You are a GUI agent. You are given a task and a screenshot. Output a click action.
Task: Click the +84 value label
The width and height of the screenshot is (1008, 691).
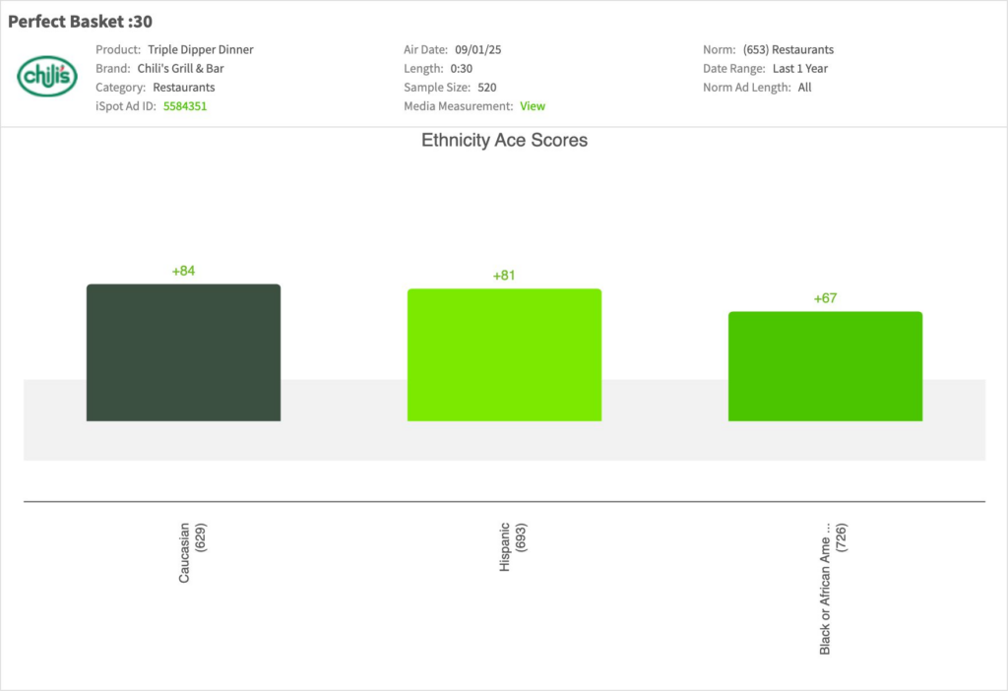[x=183, y=271]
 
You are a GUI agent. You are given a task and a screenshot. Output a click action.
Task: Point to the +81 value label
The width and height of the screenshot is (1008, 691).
[x=504, y=276]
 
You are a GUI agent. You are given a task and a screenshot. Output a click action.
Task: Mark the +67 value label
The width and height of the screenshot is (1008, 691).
[x=825, y=298]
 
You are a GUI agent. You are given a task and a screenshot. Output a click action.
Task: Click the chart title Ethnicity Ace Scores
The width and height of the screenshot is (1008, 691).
[x=504, y=141]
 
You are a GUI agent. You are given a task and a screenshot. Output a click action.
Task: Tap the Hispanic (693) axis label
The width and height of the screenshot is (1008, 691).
[x=513, y=546]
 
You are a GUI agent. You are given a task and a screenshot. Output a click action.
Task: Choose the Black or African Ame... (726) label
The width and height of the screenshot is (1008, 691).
[x=833, y=589]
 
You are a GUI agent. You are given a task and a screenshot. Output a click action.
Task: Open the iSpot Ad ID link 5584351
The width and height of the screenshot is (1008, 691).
[x=185, y=106]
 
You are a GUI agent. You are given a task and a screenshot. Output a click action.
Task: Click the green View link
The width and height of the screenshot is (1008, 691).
[x=533, y=106]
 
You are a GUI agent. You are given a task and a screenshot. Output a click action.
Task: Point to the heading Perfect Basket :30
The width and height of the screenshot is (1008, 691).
[x=80, y=22]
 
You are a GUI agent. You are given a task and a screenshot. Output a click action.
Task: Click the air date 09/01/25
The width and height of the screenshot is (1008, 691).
[x=478, y=49]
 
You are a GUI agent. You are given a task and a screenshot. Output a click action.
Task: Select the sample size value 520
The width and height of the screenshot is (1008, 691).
[x=486, y=88]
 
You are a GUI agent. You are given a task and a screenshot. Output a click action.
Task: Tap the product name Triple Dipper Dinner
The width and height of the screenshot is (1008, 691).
[x=201, y=49]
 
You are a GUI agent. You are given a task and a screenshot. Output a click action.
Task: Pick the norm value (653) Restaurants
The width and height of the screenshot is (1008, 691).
[x=787, y=49]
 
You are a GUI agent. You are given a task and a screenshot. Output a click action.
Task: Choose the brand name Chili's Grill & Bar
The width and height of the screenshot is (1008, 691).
[x=180, y=69]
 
